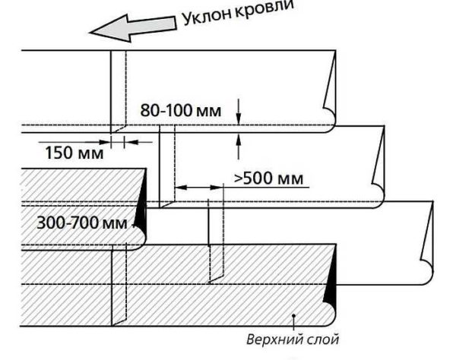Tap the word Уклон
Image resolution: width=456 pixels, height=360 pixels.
click(x=207, y=17)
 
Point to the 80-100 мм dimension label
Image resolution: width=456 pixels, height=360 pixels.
click(x=181, y=111)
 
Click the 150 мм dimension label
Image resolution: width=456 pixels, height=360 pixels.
click(x=68, y=152)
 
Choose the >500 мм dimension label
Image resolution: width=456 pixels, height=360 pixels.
click(x=268, y=178)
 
